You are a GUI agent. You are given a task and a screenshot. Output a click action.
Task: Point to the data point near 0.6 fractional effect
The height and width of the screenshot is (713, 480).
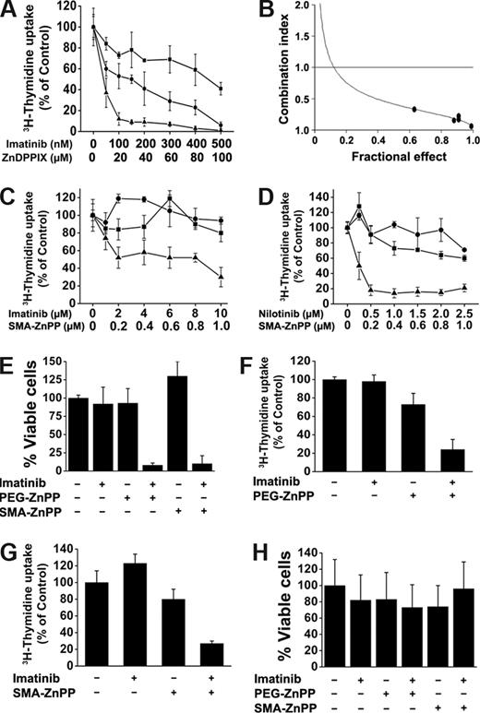(414, 109)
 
